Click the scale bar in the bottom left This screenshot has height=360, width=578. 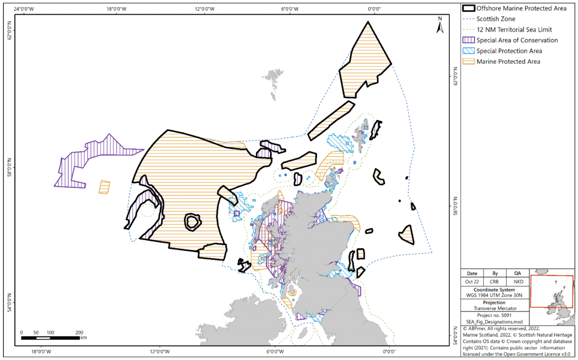[x=51, y=337]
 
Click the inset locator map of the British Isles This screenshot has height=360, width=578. [x=551, y=291]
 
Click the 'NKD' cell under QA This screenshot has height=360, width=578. [x=517, y=282]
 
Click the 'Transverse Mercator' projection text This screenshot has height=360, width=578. [x=495, y=309]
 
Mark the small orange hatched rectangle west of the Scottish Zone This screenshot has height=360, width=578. [x=104, y=187]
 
